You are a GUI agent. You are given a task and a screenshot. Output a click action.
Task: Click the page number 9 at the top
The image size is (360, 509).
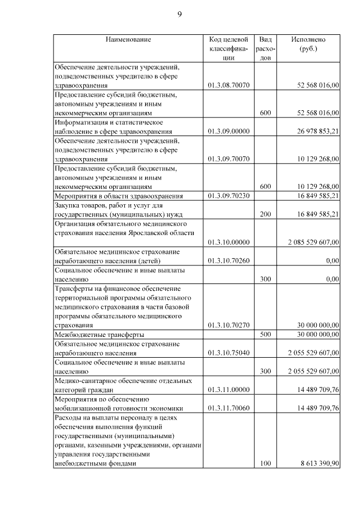179,14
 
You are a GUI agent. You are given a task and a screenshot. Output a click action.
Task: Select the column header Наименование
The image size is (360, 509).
128,39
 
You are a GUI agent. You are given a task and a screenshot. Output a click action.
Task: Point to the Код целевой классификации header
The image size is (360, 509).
228,48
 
